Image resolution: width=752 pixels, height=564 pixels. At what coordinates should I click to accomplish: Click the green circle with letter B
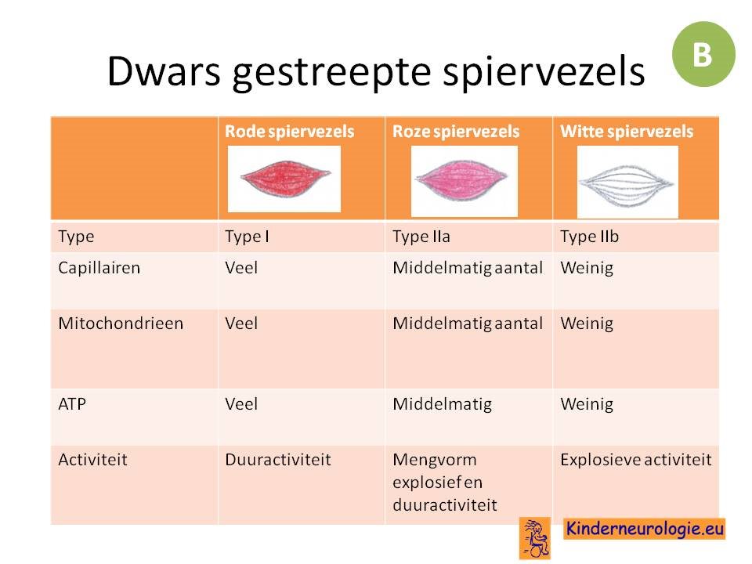tap(703, 54)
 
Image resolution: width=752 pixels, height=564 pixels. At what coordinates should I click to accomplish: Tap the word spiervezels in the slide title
tap(544, 71)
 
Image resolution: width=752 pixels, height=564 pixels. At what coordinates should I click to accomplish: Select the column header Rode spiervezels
tap(289, 131)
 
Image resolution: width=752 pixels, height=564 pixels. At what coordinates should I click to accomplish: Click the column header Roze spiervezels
tap(456, 131)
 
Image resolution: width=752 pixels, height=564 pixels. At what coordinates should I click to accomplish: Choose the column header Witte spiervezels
tap(627, 131)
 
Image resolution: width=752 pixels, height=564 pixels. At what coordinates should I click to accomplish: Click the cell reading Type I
tap(247, 237)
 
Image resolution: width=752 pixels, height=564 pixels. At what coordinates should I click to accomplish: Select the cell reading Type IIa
tap(421, 237)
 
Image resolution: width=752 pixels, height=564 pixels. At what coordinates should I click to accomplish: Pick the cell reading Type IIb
tap(589, 237)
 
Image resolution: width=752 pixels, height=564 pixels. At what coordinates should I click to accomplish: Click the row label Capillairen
tap(99, 268)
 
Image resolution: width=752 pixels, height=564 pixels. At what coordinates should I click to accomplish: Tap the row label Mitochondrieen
tap(121, 324)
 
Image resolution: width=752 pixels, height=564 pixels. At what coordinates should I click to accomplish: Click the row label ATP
tap(72, 404)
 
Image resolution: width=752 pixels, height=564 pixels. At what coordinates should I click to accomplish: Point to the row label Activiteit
tap(93, 460)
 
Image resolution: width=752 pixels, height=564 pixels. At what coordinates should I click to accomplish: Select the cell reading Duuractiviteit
tap(278, 460)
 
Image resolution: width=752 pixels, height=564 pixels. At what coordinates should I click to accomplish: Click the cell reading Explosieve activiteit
tap(636, 460)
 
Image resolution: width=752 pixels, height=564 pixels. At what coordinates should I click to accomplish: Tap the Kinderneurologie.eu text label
tap(644, 529)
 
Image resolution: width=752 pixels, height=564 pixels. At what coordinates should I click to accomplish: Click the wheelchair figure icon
tap(535, 539)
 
